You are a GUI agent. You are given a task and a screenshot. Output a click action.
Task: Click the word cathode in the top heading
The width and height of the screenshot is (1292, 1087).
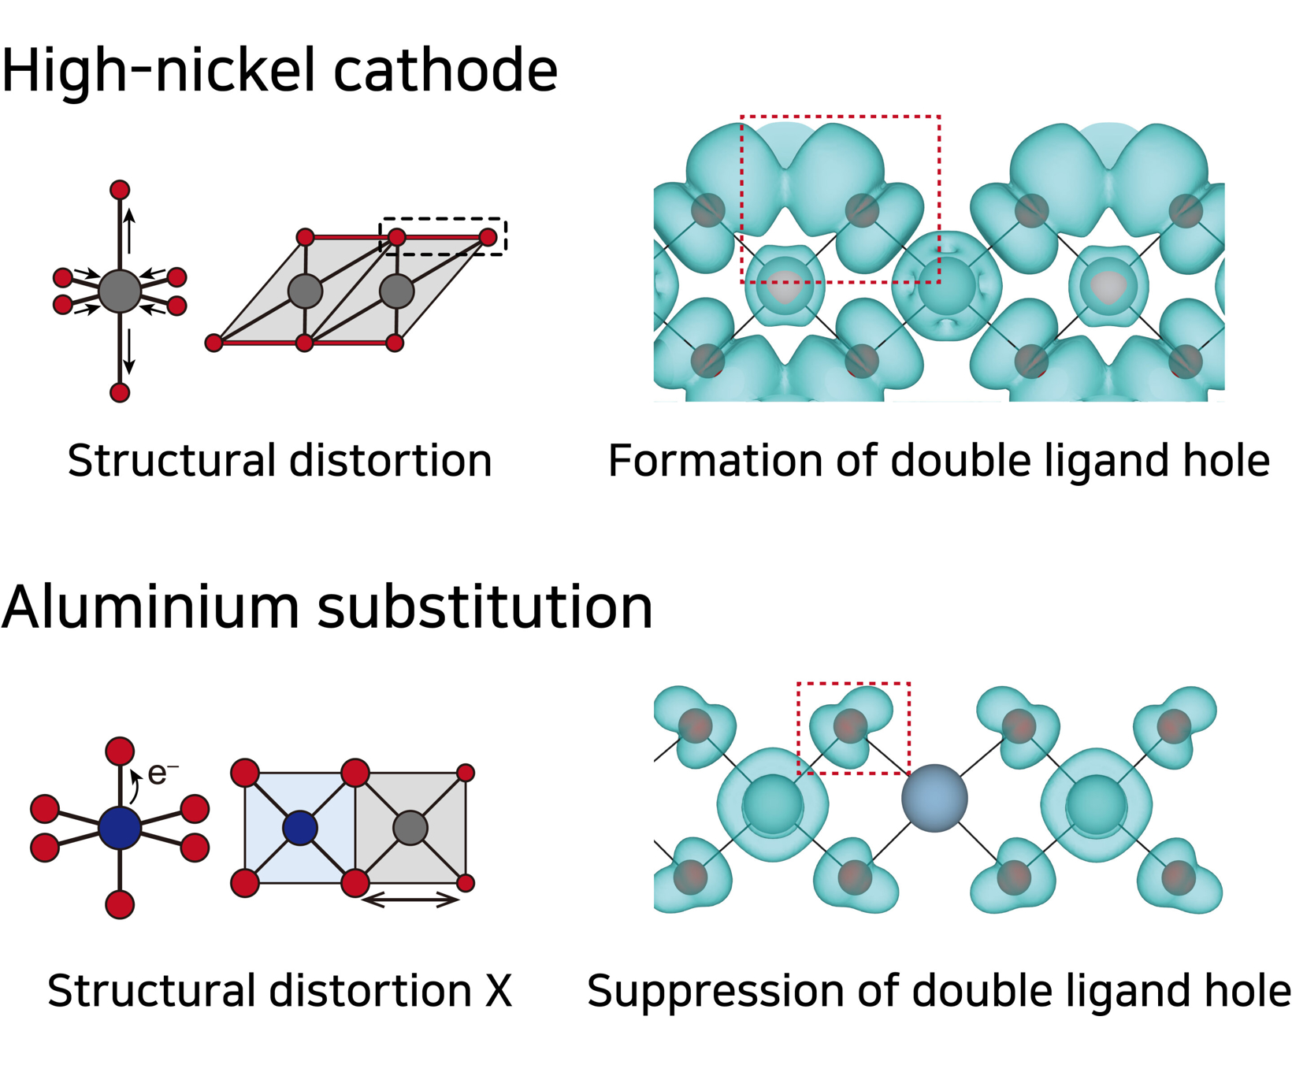445,71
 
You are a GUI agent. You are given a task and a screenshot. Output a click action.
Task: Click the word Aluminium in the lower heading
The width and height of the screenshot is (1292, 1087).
150,608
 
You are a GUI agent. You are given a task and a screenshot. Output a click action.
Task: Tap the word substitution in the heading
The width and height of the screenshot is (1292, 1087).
484,608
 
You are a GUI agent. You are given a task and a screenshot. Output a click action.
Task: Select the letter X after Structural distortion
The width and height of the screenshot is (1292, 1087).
498,991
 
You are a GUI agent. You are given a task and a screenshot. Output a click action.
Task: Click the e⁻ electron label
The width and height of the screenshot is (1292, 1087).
161,774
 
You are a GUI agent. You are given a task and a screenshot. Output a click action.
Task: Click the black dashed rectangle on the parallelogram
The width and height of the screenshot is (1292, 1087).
444,236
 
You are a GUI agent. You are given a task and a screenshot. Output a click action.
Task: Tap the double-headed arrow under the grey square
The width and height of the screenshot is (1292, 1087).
410,900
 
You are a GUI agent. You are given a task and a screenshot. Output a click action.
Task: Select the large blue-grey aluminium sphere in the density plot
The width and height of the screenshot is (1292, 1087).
934,798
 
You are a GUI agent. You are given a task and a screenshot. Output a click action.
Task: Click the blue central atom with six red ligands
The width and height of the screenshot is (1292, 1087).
120,827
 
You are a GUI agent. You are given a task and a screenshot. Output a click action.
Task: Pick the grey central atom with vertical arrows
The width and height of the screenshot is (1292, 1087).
120,291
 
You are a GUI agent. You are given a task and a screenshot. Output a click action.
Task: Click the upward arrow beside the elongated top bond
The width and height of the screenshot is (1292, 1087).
130,230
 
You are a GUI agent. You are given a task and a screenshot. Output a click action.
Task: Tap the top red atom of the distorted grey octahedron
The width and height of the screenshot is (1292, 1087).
120,190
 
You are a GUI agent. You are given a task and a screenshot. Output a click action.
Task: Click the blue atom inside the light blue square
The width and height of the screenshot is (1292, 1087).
299,828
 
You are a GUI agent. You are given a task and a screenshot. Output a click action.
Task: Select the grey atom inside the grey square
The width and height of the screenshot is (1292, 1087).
410,828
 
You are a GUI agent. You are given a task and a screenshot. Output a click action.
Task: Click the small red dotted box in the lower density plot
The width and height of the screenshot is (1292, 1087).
854,729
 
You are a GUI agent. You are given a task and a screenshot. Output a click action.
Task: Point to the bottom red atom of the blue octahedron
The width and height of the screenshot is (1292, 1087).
120,904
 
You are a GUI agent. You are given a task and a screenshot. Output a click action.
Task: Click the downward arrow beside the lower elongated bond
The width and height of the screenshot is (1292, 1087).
130,352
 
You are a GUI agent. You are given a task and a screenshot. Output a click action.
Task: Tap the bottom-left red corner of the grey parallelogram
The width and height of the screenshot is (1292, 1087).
213,343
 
